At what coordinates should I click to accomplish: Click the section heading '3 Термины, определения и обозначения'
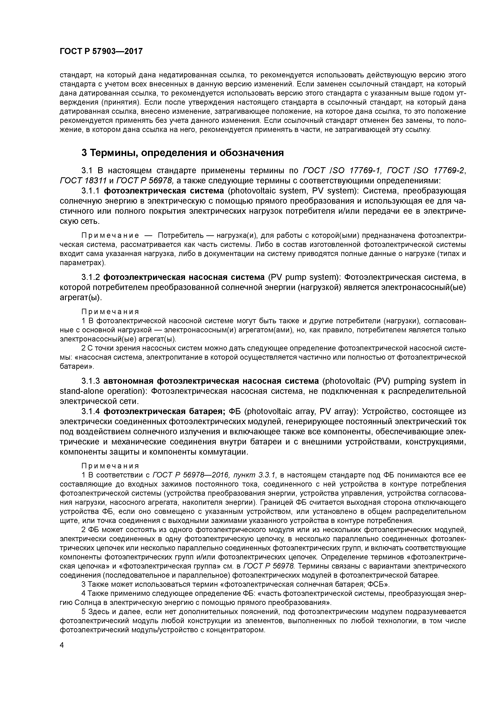183,153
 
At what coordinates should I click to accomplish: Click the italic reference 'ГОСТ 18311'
83,181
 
